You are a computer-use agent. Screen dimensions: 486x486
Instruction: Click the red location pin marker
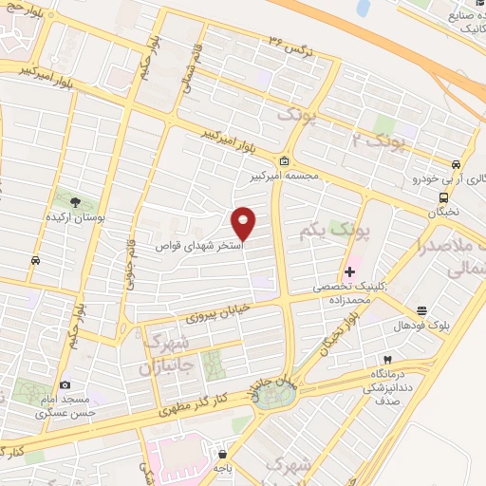[245, 222]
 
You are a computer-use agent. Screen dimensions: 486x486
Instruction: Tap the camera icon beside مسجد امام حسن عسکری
[65, 384]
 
